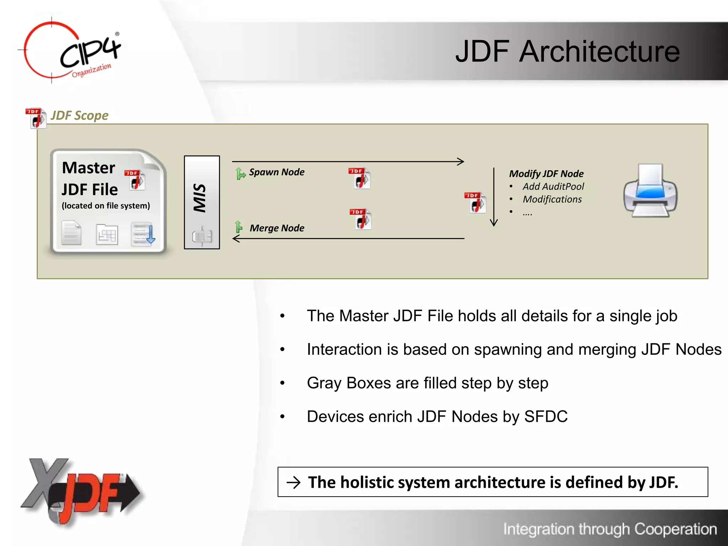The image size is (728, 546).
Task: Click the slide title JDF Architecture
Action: [x=567, y=52]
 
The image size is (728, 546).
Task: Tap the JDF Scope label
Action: [x=79, y=116]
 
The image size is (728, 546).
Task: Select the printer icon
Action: [x=650, y=191]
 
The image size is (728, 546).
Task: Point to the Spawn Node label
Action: [x=277, y=172]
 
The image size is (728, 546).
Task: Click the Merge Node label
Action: [x=277, y=228]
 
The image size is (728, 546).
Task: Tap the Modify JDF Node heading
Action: [x=546, y=174]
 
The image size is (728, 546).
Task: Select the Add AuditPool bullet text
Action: [x=553, y=187]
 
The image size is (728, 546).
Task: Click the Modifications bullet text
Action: [x=552, y=199]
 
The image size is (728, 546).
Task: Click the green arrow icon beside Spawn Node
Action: [x=241, y=173]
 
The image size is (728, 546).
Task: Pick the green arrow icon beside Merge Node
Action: [x=239, y=227]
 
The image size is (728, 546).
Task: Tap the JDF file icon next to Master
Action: [x=135, y=180]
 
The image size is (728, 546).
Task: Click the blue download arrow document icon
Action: [x=143, y=234]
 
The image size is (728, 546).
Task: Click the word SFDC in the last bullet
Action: [x=546, y=417]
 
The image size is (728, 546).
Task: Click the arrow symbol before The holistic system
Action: [x=294, y=482]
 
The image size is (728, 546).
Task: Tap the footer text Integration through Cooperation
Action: [x=610, y=529]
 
